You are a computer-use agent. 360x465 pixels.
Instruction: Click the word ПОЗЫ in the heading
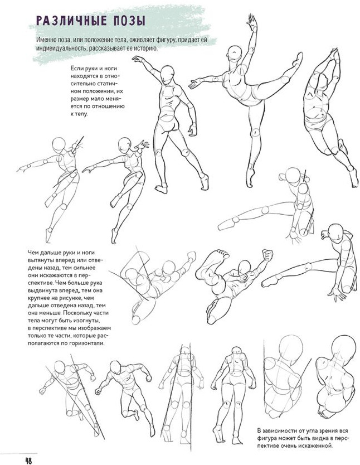(130, 21)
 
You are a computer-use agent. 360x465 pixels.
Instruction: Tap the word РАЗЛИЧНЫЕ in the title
(71, 21)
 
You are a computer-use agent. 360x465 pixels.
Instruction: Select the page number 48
(28, 461)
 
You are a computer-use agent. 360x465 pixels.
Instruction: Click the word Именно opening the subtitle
(46, 40)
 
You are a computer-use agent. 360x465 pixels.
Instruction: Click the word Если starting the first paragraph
(76, 69)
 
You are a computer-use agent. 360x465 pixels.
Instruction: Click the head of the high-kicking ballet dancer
(235, 54)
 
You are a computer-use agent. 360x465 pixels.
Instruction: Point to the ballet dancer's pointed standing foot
(250, 177)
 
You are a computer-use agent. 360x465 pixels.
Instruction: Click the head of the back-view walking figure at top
(168, 73)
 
